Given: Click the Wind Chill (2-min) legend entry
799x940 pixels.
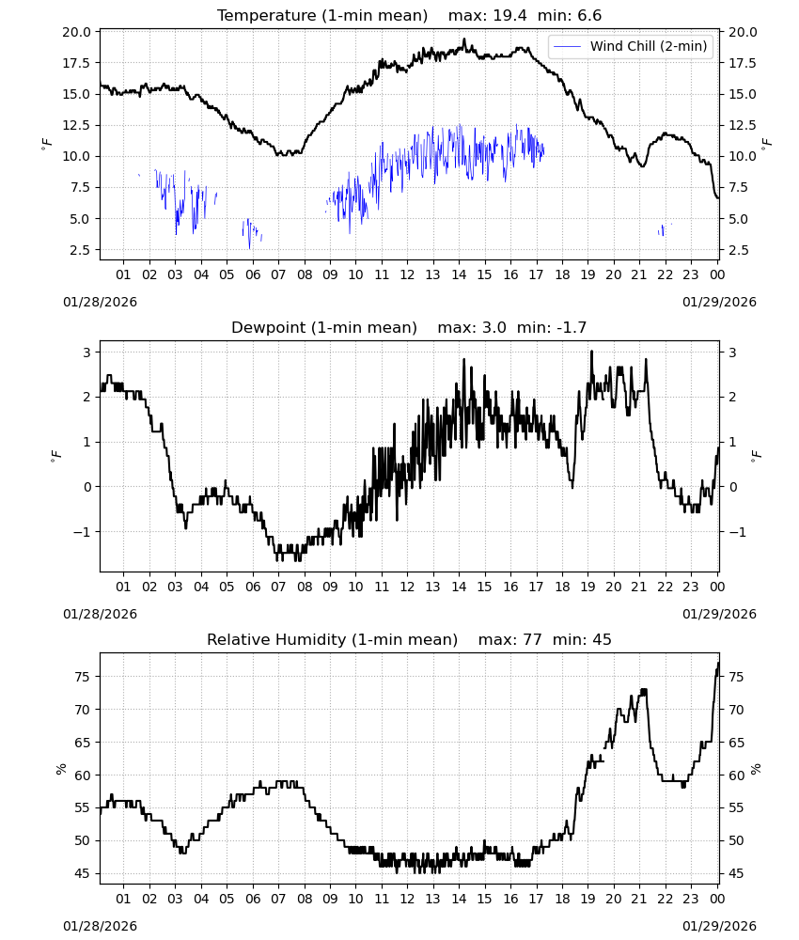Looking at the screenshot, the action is pos(630,46).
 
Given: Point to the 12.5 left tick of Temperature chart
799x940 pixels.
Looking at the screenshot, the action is pos(76,125).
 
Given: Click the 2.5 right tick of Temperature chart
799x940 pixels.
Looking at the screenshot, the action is pos(739,250).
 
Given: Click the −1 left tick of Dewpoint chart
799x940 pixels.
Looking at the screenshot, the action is pos(82,532).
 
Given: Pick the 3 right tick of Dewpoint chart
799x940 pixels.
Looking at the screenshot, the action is pos(732,352).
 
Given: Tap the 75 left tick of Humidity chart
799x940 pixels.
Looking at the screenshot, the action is pos(83,677).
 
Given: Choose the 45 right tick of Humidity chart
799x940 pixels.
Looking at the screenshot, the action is pos(736,873).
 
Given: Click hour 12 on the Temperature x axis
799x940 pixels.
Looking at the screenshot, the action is pos(407,274).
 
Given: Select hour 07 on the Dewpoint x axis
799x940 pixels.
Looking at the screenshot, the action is pos(278,587).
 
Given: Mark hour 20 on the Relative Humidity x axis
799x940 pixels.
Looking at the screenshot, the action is pos(613,899).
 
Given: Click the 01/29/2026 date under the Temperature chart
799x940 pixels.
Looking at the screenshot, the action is pos(719,302).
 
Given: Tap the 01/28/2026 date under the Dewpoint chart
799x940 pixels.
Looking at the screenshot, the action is pos(100,614).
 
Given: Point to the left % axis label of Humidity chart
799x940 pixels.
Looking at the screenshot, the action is pos(60,769).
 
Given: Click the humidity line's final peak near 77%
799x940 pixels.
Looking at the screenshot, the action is pos(718,663).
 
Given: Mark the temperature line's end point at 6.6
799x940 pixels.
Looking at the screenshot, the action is pos(718,198).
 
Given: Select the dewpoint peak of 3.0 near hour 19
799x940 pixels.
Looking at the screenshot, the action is pos(591,352).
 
